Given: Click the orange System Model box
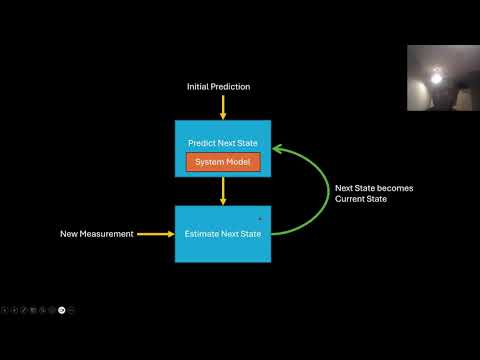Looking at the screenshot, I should [x=223, y=162].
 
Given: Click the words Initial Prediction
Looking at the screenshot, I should [x=218, y=87].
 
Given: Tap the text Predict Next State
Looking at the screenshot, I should [x=223, y=143].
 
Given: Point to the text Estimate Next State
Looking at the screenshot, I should [x=223, y=234].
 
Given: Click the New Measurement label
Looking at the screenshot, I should [x=96, y=234].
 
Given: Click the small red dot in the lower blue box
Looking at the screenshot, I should [x=260, y=218].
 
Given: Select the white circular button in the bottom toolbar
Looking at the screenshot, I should [x=62, y=310].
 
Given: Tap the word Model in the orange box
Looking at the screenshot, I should [x=241, y=162].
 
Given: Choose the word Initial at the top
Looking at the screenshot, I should [x=199, y=87].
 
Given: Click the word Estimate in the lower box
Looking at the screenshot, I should [x=202, y=234].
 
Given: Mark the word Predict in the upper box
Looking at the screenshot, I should [x=202, y=143].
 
